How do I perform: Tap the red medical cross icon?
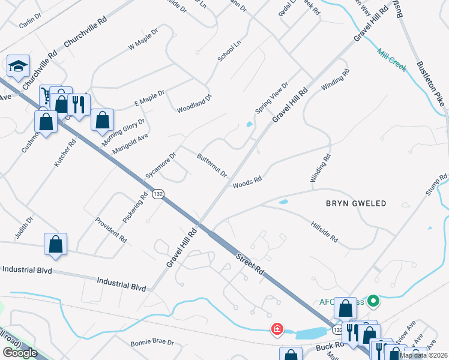tap(277, 329)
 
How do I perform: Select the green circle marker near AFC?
tap(373, 301)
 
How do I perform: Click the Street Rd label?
tap(251, 264)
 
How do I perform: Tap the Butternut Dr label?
tap(212, 166)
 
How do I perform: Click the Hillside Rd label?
tap(325, 231)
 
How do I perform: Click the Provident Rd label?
tap(111, 229)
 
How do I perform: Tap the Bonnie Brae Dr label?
tap(152, 343)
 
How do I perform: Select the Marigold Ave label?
tap(130, 145)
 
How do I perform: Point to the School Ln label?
tap(229, 51)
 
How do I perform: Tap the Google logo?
tap(19, 353)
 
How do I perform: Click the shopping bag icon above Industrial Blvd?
tap(55, 244)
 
